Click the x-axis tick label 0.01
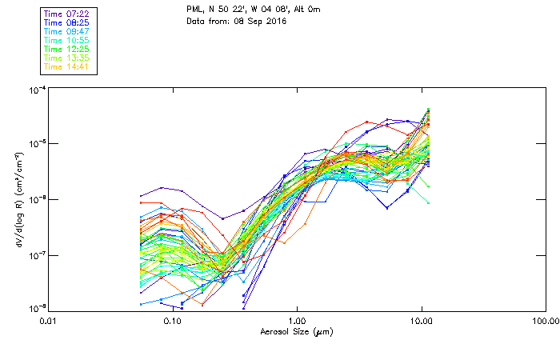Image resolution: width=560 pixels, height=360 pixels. (48, 322)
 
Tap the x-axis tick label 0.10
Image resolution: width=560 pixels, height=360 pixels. (172, 322)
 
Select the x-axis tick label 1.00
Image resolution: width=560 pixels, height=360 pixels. (297, 322)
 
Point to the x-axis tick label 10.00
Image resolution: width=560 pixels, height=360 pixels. (422, 322)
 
